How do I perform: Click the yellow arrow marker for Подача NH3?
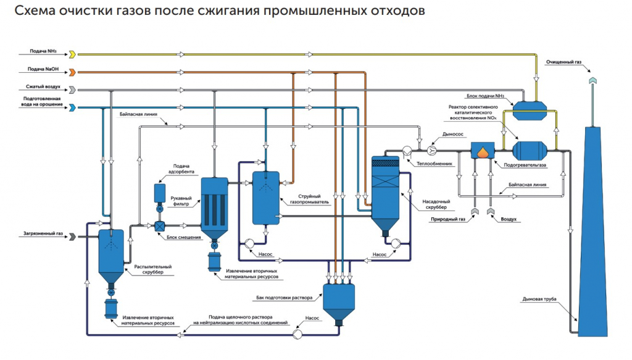pyautogui.click(x=73, y=54)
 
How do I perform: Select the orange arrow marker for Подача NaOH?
pyautogui.click(x=73, y=72)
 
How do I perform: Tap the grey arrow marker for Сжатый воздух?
pyautogui.click(x=73, y=90)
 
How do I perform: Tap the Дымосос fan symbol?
pyautogui.click(x=432, y=151)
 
